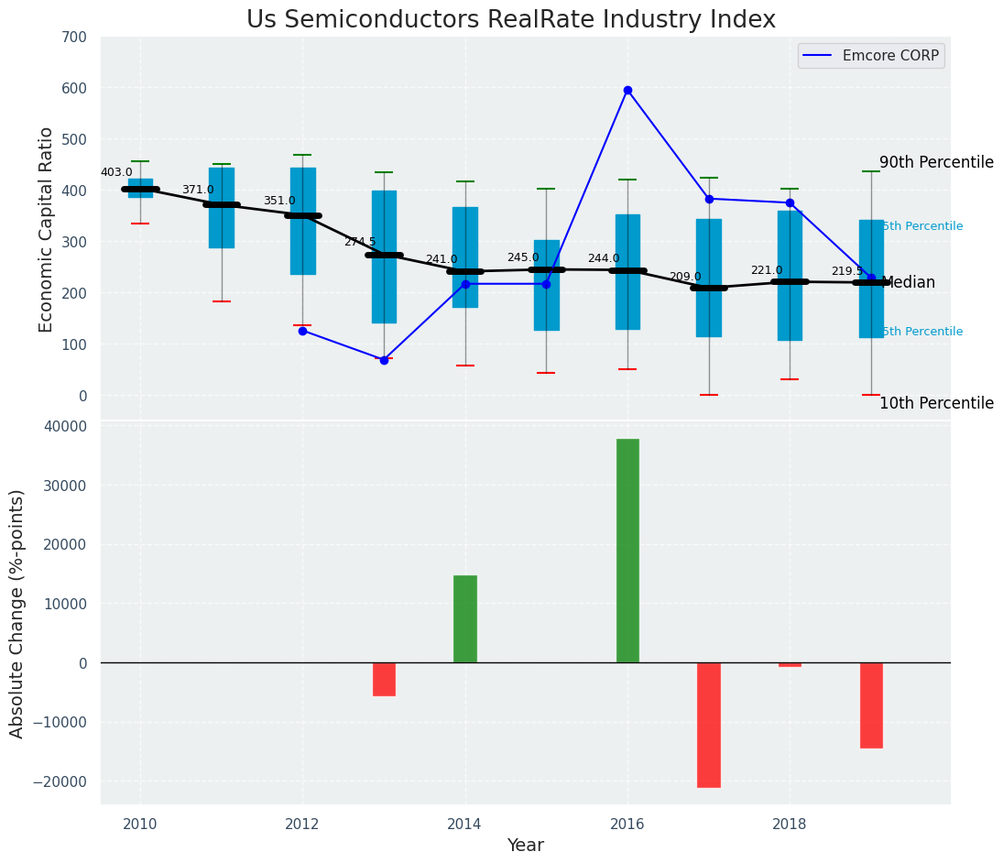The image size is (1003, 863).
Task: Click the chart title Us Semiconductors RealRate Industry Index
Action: pyautogui.click(x=510, y=20)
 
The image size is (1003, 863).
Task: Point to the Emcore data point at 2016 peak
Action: pyautogui.click(x=627, y=91)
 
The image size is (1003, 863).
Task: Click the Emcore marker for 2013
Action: pyautogui.click(x=384, y=360)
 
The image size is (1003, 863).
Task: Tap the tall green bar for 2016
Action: pyautogui.click(x=627, y=551)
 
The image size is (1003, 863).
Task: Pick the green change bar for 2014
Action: pyautogui.click(x=465, y=619)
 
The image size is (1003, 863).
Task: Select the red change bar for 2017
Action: pyautogui.click(x=708, y=725)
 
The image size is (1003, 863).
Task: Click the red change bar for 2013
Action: pyautogui.click(x=384, y=679)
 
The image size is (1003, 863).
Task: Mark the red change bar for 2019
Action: pyautogui.click(x=871, y=705)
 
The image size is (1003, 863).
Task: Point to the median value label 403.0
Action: pyautogui.click(x=116, y=172)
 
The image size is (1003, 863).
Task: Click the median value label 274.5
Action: pyautogui.click(x=360, y=242)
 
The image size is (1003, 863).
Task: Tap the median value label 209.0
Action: pyautogui.click(x=685, y=277)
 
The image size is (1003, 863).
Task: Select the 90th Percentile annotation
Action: pyautogui.click(x=936, y=163)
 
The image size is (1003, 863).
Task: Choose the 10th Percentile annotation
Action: pyautogui.click(x=936, y=403)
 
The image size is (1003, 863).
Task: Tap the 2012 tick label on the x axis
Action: pyautogui.click(x=302, y=824)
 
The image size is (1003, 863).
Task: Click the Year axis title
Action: pyautogui.click(x=525, y=846)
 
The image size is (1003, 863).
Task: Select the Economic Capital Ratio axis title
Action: pyautogui.click(x=47, y=229)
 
